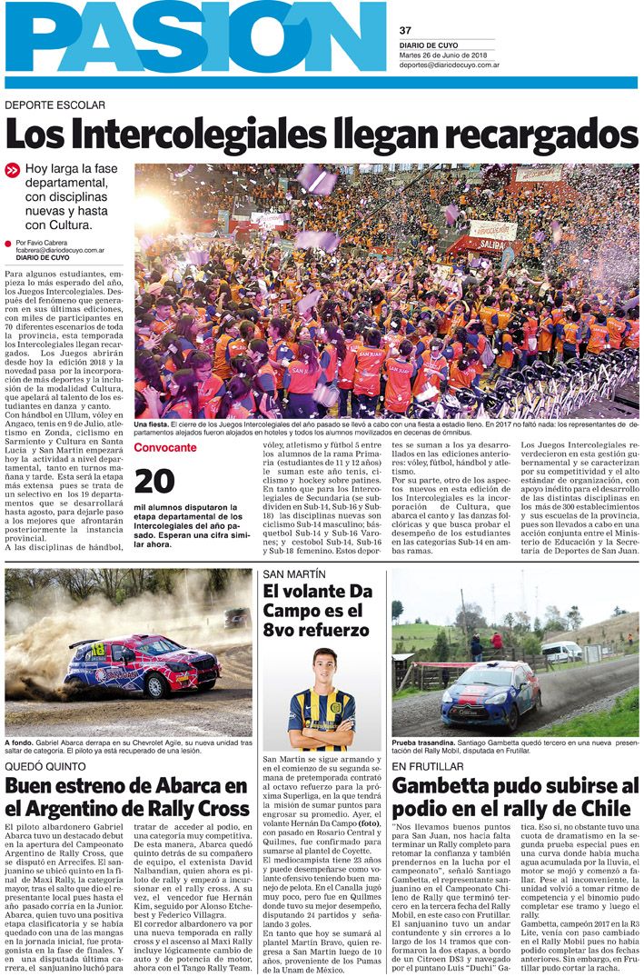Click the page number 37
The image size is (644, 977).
tap(405, 30)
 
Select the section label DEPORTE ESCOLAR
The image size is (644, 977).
tap(54, 105)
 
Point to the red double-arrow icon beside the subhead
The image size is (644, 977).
tap(12, 170)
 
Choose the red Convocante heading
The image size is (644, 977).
tap(164, 448)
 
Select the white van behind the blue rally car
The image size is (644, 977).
tap(560, 651)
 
